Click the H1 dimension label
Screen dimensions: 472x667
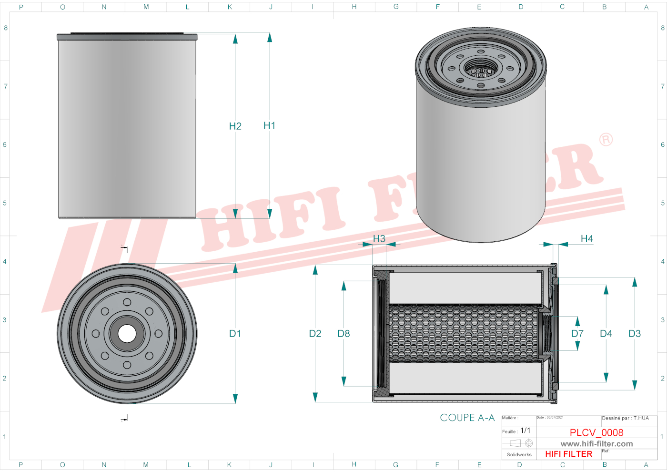click(269, 125)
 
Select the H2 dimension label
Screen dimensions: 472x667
click(235, 126)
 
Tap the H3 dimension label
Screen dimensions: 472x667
click(379, 238)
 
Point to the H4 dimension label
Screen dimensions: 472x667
click(586, 238)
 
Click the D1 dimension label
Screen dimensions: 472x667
click(235, 334)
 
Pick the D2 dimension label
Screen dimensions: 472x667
click(315, 334)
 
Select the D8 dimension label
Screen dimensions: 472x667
click(344, 334)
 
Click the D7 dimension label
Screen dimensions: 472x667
click(577, 334)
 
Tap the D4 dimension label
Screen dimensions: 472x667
click(606, 334)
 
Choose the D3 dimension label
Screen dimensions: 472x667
click(634, 334)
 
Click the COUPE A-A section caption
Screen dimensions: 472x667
click(467, 418)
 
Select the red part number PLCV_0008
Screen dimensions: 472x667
click(596, 432)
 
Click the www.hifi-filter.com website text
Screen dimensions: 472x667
click(596, 444)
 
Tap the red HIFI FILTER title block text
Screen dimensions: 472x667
click(568, 454)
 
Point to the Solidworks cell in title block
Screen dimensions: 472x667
click(519, 454)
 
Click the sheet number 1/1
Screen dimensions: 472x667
click(525, 431)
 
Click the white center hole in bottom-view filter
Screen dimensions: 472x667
click(127, 334)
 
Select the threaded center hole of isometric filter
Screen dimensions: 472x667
click(481, 69)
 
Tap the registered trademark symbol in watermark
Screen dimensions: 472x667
click(606, 140)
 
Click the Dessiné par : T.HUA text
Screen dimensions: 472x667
click(625, 418)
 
